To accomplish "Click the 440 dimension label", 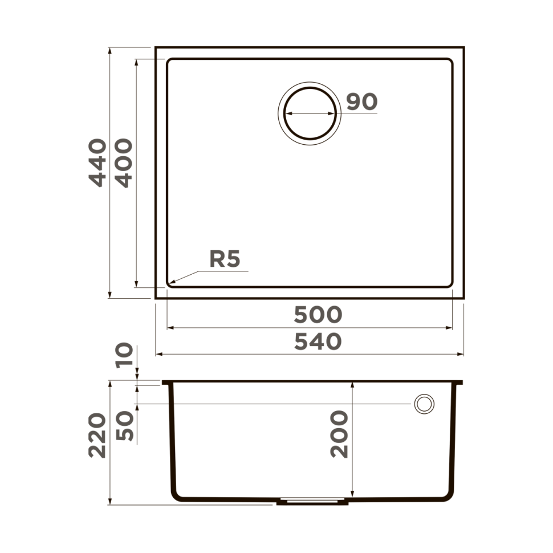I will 97,162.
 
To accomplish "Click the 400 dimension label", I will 124,162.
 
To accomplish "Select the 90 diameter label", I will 362,101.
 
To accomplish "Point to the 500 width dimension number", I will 318,314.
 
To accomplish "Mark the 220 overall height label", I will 97,435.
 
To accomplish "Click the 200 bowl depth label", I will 340,434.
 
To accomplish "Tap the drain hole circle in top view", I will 310,113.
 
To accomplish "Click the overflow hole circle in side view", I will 424,404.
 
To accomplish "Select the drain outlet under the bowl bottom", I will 312,502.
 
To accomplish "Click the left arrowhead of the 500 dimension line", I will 168,328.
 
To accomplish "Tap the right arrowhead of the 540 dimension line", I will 462,354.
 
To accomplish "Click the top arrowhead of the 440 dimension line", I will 109,49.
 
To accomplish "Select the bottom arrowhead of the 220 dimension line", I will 109,503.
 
